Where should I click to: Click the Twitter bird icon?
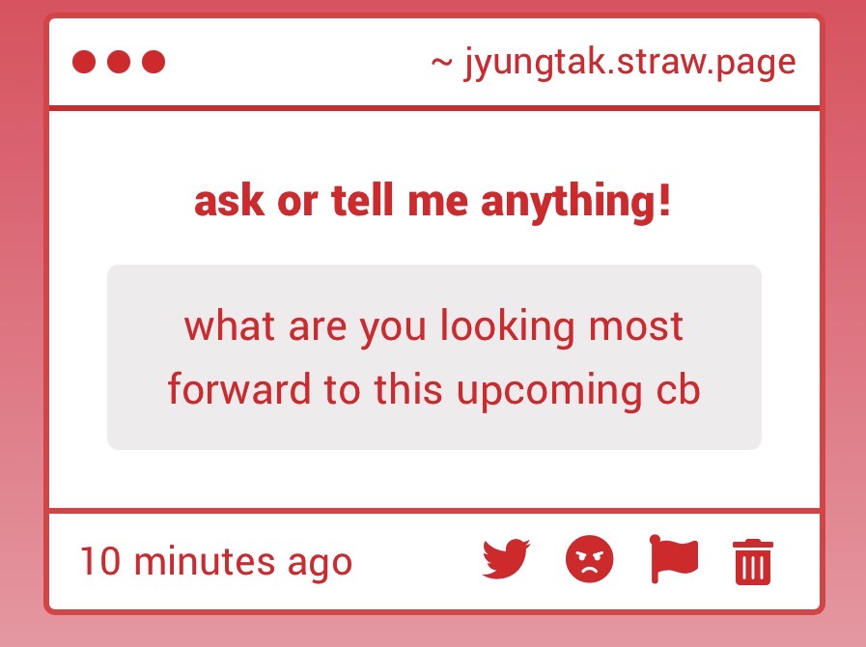[x=507, y=560]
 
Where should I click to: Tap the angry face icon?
[x=590, y=560]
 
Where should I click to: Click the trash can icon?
[x=753, y=561]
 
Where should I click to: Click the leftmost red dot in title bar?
[x=84, y=63]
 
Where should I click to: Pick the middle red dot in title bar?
[x=119, y=63]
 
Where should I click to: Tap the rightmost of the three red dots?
[x=154, y=63]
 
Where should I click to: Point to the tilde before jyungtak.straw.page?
[x=441, y=63]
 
